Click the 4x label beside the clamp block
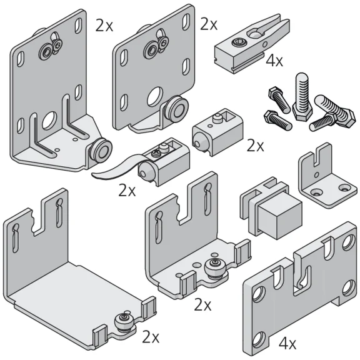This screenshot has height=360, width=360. tap(274, 61)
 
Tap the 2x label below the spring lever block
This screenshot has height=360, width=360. tap(127, 190)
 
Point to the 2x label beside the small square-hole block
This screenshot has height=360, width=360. tap(255, 146)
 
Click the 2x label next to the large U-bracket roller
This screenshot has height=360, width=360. tap(151, 337)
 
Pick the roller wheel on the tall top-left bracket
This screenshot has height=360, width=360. tap(100, 151)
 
